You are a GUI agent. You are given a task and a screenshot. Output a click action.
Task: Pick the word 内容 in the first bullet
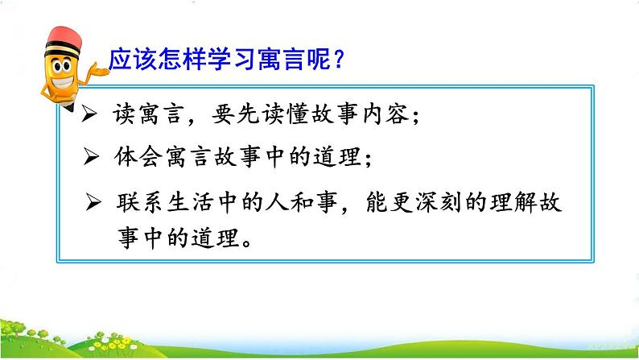point(387,116)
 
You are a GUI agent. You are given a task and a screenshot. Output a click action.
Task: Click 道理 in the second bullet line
point(338,158)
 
